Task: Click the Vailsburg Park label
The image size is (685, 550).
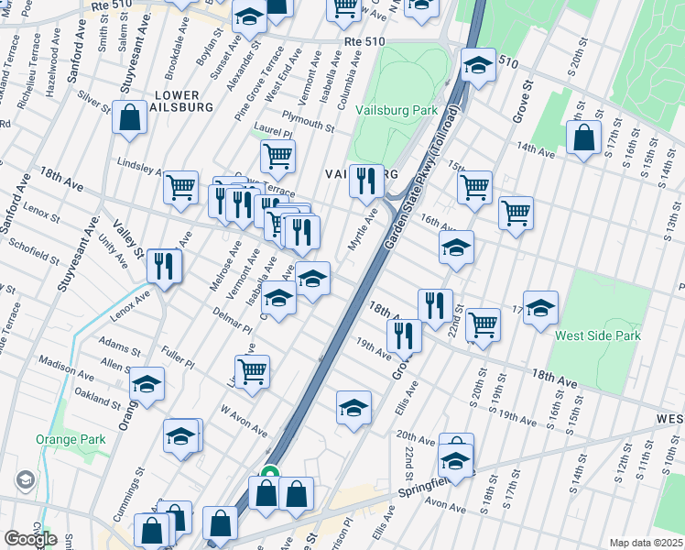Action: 399,110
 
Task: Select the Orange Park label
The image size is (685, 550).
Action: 71,439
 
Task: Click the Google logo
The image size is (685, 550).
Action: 30,539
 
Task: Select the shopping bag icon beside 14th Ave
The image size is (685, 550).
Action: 583,137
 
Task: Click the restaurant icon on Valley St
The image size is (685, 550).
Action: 165,267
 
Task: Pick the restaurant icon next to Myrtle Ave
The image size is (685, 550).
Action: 366,181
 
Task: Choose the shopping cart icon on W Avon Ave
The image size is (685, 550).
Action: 252,370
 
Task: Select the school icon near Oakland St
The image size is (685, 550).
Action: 147,384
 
